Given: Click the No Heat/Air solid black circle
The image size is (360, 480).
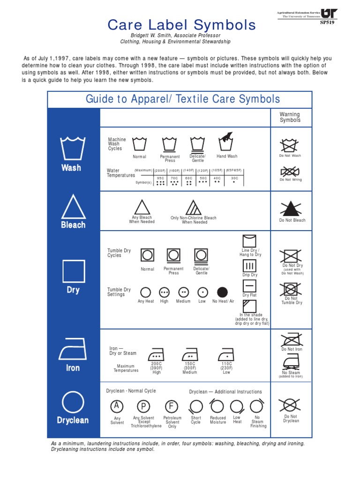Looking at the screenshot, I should pos(222,292).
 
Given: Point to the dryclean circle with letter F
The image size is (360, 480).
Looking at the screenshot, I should pos(172,406).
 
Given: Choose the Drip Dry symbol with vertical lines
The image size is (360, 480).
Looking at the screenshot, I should pos(249,266).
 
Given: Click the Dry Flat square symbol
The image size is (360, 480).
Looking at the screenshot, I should pos(249,285).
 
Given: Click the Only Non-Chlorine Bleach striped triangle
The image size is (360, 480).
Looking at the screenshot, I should pos(193,207).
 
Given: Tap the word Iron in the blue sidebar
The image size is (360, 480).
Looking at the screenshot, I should pos(73,368).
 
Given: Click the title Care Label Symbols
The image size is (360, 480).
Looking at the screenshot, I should pos(181,25).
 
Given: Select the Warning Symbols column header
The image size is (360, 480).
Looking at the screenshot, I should pos(290,117).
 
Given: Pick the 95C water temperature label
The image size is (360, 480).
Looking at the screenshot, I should pos(160,178).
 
